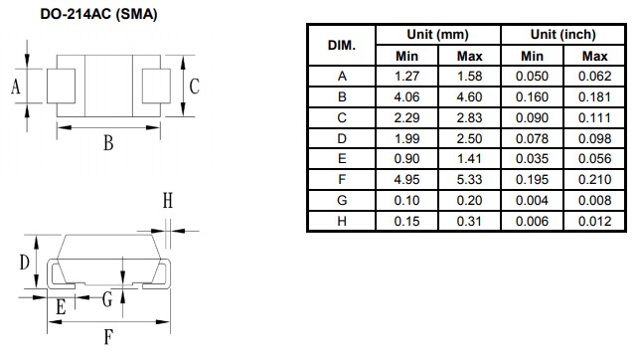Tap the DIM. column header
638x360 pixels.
click(342, 45)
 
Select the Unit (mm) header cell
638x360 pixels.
click(438, 35)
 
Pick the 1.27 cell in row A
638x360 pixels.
click(405, 77)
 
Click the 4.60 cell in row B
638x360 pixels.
click(469, 97)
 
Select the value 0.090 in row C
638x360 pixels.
click(532, 118)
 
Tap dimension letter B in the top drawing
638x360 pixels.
click(108, 143)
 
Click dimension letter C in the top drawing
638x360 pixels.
click(195, 87)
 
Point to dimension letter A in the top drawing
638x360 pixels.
click(16, 87)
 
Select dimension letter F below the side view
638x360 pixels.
click(108, 336)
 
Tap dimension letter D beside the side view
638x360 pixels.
click(23, 263)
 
